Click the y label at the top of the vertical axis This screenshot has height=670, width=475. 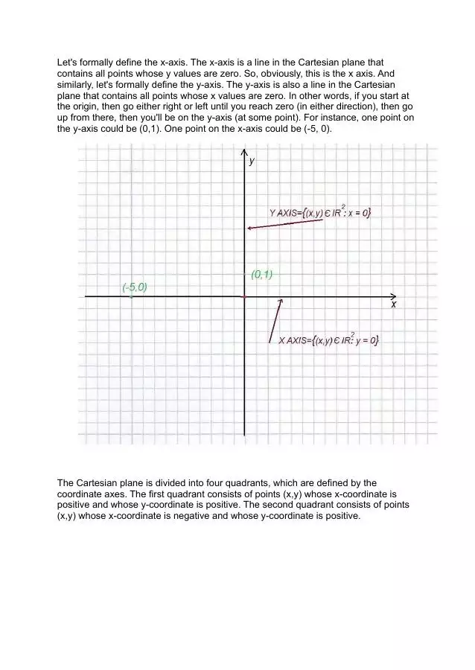[252, 161]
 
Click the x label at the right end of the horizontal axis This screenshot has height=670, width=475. [394, 304]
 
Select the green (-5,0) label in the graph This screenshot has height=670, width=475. [135, 287]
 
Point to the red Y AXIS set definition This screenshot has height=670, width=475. [320, 213]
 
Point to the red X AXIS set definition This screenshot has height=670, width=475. [328, 340]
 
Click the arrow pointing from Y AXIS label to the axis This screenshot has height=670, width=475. [285, 224]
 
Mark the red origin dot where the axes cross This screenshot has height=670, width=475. [244, 296]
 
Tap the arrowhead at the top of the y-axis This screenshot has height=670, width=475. [244, 153]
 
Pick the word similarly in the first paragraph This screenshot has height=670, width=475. [77, 85]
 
